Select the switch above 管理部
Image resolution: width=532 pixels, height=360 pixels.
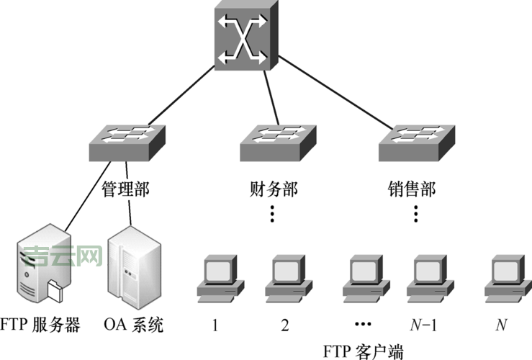click(127, 143)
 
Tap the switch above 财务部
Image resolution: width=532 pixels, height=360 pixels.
click(276, 143)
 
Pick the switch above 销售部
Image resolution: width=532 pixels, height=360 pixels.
click(417, 143)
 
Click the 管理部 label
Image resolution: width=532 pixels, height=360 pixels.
click(127, 190)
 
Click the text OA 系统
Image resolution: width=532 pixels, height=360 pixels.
click(134, 325)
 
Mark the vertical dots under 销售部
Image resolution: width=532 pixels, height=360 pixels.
click(417, 213)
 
